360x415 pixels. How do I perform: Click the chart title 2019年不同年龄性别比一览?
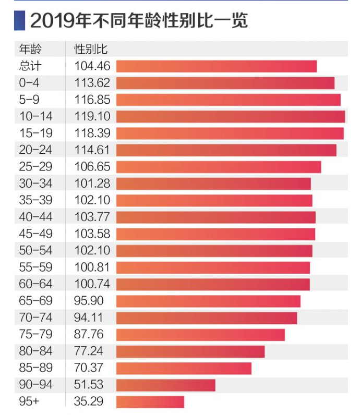[138, 21]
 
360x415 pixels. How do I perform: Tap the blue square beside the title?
[19, 20]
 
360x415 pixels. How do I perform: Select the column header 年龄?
[30, 50]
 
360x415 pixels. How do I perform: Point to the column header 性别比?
[91, 50]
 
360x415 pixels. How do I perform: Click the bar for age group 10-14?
[230, 116]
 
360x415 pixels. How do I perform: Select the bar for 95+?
[150, 402]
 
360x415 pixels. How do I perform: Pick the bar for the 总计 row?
[216, 66]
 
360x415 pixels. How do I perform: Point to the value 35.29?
[89, 402]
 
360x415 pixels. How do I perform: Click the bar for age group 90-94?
[165, 385]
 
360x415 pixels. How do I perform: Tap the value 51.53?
[89, 385]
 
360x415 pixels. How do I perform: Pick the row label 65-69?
[35, 301]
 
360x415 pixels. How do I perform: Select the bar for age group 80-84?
[190, 351]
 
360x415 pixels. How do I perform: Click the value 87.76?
[89, 335]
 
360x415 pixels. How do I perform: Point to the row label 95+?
[29, 402]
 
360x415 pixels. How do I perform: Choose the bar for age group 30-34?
[213, 184]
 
